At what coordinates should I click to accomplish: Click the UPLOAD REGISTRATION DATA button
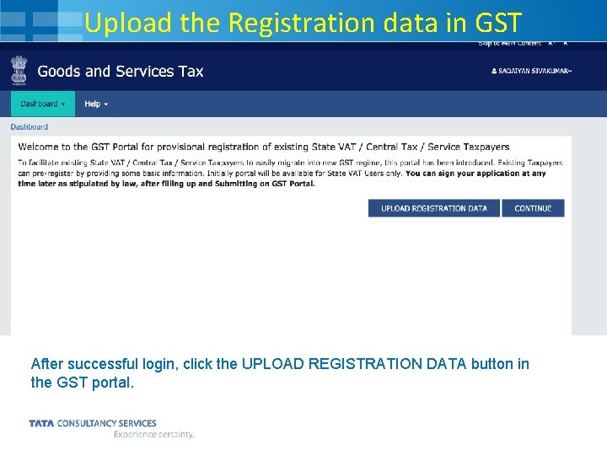[x=433, y=208]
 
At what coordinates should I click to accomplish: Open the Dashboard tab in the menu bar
[x=42, y=104]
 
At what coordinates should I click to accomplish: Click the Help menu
[x=96, y=104]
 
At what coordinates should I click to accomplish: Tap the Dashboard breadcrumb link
[x=30, y=127]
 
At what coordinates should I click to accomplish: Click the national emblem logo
[x=19, y=71]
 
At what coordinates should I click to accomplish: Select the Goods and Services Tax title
[x=121, y=72]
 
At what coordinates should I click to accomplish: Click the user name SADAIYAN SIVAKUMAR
[x=531, y=72]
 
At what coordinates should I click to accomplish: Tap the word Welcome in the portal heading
[x=40, y=147]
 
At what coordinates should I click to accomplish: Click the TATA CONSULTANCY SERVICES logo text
[x=93, y=423]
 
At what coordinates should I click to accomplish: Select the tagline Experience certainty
[x=154, y=435]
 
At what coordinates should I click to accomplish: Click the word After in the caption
[x=47, y=364]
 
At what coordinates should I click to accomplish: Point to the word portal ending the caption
[x=112, y=383]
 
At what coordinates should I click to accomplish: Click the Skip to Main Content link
[x=510, y=43]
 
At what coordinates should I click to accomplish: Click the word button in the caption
[x=489, y=364]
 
